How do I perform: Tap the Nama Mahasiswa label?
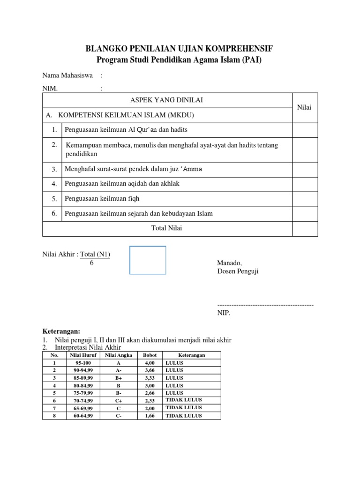tap(67, 75)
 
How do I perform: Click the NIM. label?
tap(50, 89)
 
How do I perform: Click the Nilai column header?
tap(305, 108)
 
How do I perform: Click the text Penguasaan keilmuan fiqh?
tap(102, 199)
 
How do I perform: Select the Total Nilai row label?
tap(167, 229)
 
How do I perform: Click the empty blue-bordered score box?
tap(148, 260)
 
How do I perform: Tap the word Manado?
tap(229, 263)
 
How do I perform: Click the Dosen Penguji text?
tap(238, 271)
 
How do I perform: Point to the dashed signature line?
tap(265, 305)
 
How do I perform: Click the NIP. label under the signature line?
tap(224, 313)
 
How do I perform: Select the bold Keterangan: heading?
tap(61, 331)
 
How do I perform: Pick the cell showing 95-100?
tap(84, 363)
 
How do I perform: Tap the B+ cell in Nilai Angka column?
tap(118, 378)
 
